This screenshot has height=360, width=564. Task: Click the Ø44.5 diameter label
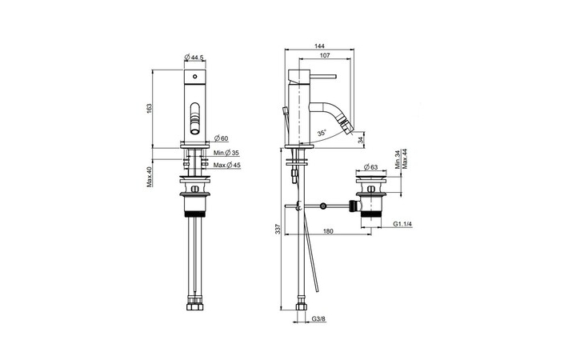click(196, 57)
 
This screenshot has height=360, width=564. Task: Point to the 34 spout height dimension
click(361, 140)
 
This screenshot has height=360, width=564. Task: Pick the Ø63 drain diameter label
click(370, 167)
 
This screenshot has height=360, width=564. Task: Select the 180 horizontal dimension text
click(328, 232)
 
